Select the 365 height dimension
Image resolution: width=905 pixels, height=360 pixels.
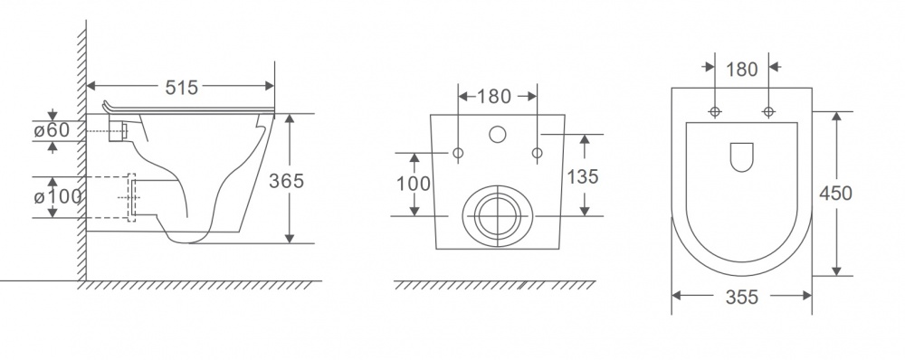(x=288, y=179)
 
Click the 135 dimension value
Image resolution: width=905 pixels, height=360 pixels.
(x=583, y=177)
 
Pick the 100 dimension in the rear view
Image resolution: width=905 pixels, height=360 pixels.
(x=414, y=184)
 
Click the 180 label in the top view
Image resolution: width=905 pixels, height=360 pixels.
(x=742, y=71)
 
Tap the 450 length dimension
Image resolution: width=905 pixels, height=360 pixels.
(x=835, y=193)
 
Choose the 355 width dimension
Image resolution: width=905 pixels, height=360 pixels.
(x=741, y=297)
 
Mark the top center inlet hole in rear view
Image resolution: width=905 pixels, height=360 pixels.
(x=498, y=136)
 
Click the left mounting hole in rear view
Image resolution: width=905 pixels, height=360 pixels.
(x=457, y=152)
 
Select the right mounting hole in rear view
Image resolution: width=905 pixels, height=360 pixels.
(x=538, y=152)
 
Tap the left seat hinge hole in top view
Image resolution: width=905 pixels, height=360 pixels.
(x=715, y=112)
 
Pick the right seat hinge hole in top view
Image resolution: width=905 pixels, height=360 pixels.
(x=769, y=112)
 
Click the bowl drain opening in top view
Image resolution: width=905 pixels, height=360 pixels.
(x=741, y=157)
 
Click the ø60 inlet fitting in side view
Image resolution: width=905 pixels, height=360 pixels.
(x=118, y=132)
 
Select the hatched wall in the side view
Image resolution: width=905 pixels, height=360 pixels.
(x=81, y=154)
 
